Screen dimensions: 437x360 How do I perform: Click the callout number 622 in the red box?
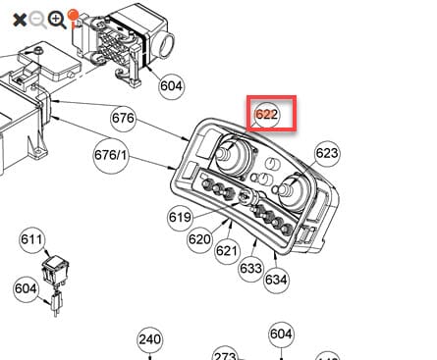point(267,115)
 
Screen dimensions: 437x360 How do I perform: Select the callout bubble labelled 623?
point(327,153)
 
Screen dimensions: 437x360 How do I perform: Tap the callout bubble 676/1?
point(110,155)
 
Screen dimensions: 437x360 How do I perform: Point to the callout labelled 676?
point(123,118)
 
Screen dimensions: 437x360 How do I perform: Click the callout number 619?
point(180,217)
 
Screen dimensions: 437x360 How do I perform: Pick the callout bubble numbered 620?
point(199,239)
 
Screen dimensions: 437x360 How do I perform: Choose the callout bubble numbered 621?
point(227,251)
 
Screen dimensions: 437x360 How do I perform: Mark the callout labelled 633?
point(251,269)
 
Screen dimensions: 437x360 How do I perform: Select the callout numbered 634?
point(277,280)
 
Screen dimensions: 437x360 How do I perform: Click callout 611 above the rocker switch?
point(31,239)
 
